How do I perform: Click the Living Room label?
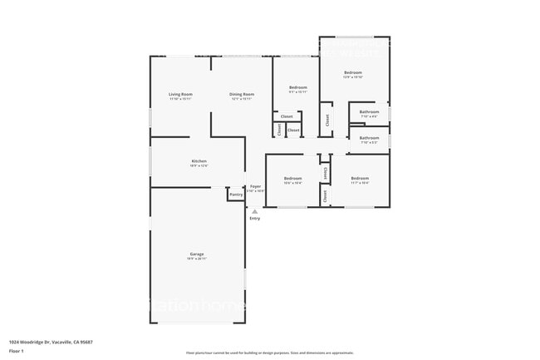pyautogui.click(x=180, y=95)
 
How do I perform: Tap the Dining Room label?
pyautogui.click(x=242, y=95)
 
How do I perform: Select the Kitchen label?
pyautogui.click(x=199, y=161)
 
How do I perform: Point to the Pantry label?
pyautogui.click(x=236, y=195)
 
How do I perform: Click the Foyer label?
pyautogui.click(x=256, y=186)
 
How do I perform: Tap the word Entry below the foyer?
pyautogui.click(x=254, y=219)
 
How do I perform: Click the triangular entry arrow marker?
pyautogui.click(x=254, y=211)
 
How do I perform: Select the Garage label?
pyautogui.click(x=197, y=254)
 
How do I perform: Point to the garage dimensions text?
pyautogui.click(x=197, y=259)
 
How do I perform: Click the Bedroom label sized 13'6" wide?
pyautogui.click(x=354, y=72)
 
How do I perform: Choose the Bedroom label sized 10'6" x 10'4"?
pyautogui.click(x=292, y=179)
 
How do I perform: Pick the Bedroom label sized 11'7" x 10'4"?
pyautogui.click(x=360, y=179)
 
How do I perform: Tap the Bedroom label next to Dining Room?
pyautogui.click(x=298, y=87)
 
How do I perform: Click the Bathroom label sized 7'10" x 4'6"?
pyautogui.click(x=369, y=111)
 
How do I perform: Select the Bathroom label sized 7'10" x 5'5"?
pyautogui.click(x=369, y=138)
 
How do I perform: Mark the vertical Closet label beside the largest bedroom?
pyautogui.click(x=327, y=120)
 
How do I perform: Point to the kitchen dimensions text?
pyautogui.click(x=199, y=166)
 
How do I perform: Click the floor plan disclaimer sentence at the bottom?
pyautogui.click(x=269, y=353)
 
